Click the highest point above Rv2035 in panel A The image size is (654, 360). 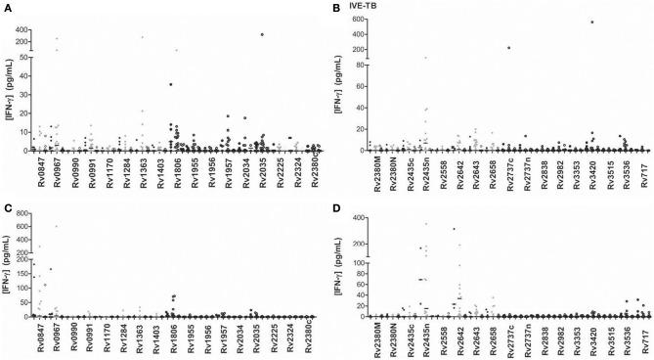(263, 34)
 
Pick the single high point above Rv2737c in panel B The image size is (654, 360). (508, 47)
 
